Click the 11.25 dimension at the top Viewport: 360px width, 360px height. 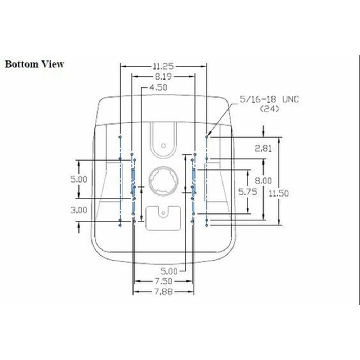[163, 67]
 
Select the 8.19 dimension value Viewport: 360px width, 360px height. [163, 77]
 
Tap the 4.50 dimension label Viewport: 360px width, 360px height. [158, 87]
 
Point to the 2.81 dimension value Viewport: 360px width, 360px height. [263, 149]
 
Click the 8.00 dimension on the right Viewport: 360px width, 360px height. [263, 180]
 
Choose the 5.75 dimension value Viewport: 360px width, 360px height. [248, 192]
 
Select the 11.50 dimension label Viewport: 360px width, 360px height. [279, 193]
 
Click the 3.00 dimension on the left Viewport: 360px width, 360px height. [79, 210]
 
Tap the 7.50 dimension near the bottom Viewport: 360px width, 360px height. [163, 281]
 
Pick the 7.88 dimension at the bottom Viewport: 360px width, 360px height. [163, 292]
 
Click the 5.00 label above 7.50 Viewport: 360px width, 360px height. [169, 271]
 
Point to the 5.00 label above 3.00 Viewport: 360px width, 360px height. [79, 179]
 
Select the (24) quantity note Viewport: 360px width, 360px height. [270, 109]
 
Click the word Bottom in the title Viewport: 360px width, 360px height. [22, 64]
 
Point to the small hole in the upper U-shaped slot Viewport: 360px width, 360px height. [163, 145]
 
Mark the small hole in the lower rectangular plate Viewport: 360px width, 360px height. [163, 213]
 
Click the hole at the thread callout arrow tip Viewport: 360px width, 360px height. [207, 137]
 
